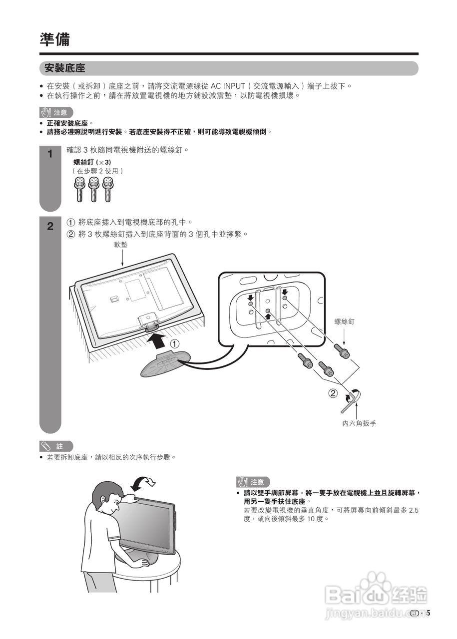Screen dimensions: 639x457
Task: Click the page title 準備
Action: pyautogui.click(x=55, y=39)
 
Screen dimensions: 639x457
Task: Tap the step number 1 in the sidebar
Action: pyautogui.click(x=50, y=154)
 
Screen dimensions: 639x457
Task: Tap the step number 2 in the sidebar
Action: pyautogui.click(x=50, y=226)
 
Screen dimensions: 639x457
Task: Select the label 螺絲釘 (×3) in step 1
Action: pyautogui.click(x=92, y=162)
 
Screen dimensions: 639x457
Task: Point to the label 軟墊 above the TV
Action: pyautogui.click(x=121, y=245)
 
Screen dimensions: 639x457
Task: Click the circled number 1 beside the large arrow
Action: pyautogui.click(x=175, y=344)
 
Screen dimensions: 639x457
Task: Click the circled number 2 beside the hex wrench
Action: pyautogui.click(x=333, y=393)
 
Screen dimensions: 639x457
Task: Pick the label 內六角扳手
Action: pyautogui.click(x=359, y=423)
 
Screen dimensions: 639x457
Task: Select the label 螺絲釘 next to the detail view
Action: pyautogui.click(x=344, y=322)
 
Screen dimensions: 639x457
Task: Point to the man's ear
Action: pyautogui.click(x=103, y=500)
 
